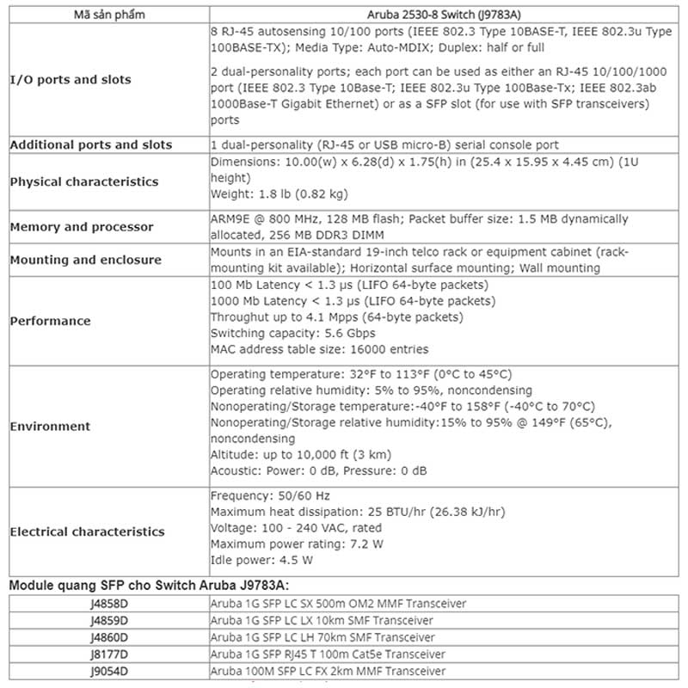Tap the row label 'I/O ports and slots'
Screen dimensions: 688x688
71,80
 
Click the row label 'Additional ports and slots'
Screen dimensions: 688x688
91,144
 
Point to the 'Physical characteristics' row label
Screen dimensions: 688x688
84,181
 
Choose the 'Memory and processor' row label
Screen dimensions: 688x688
82,227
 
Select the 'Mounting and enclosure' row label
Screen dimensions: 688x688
86,260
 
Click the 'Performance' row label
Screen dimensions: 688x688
50,321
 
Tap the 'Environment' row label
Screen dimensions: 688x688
50,426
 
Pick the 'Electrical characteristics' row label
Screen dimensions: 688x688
87,531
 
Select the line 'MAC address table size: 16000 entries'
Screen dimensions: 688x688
319,349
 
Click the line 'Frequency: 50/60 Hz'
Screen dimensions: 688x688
270,496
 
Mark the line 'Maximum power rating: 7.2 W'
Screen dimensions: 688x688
297,544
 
